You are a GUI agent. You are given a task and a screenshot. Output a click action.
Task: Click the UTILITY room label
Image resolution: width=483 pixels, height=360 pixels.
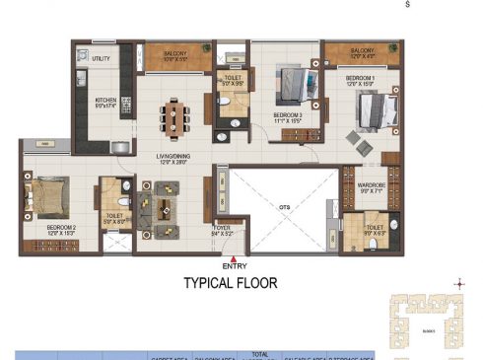(101, 59)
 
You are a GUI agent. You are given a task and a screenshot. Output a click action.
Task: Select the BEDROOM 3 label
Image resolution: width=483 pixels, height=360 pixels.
(287, 114)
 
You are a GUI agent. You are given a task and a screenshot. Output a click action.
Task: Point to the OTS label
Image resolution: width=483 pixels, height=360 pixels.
(284, 208)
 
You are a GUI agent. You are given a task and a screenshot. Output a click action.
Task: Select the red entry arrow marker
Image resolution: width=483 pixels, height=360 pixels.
(234, 255)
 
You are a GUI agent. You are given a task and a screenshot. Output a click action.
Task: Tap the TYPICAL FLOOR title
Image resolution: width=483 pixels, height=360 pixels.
(231, 284)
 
